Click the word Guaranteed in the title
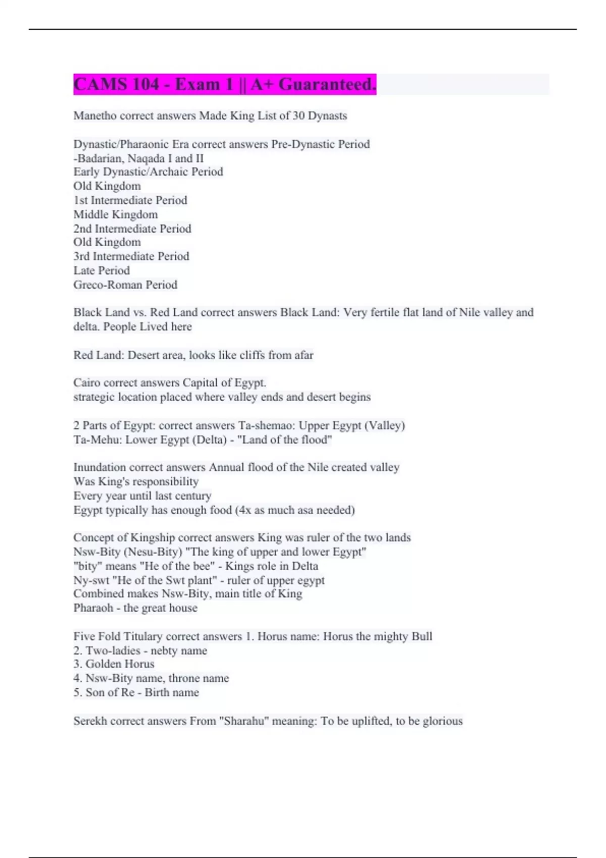[x=327, y=84]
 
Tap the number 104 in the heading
[x=146, y=84]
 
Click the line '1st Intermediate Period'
[x=130, y=200]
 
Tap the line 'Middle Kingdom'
[x=116, y=215]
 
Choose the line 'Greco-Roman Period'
[x=125, y=285]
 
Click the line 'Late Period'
[x=102, y=271]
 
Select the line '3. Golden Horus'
[x=114, y=664]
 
